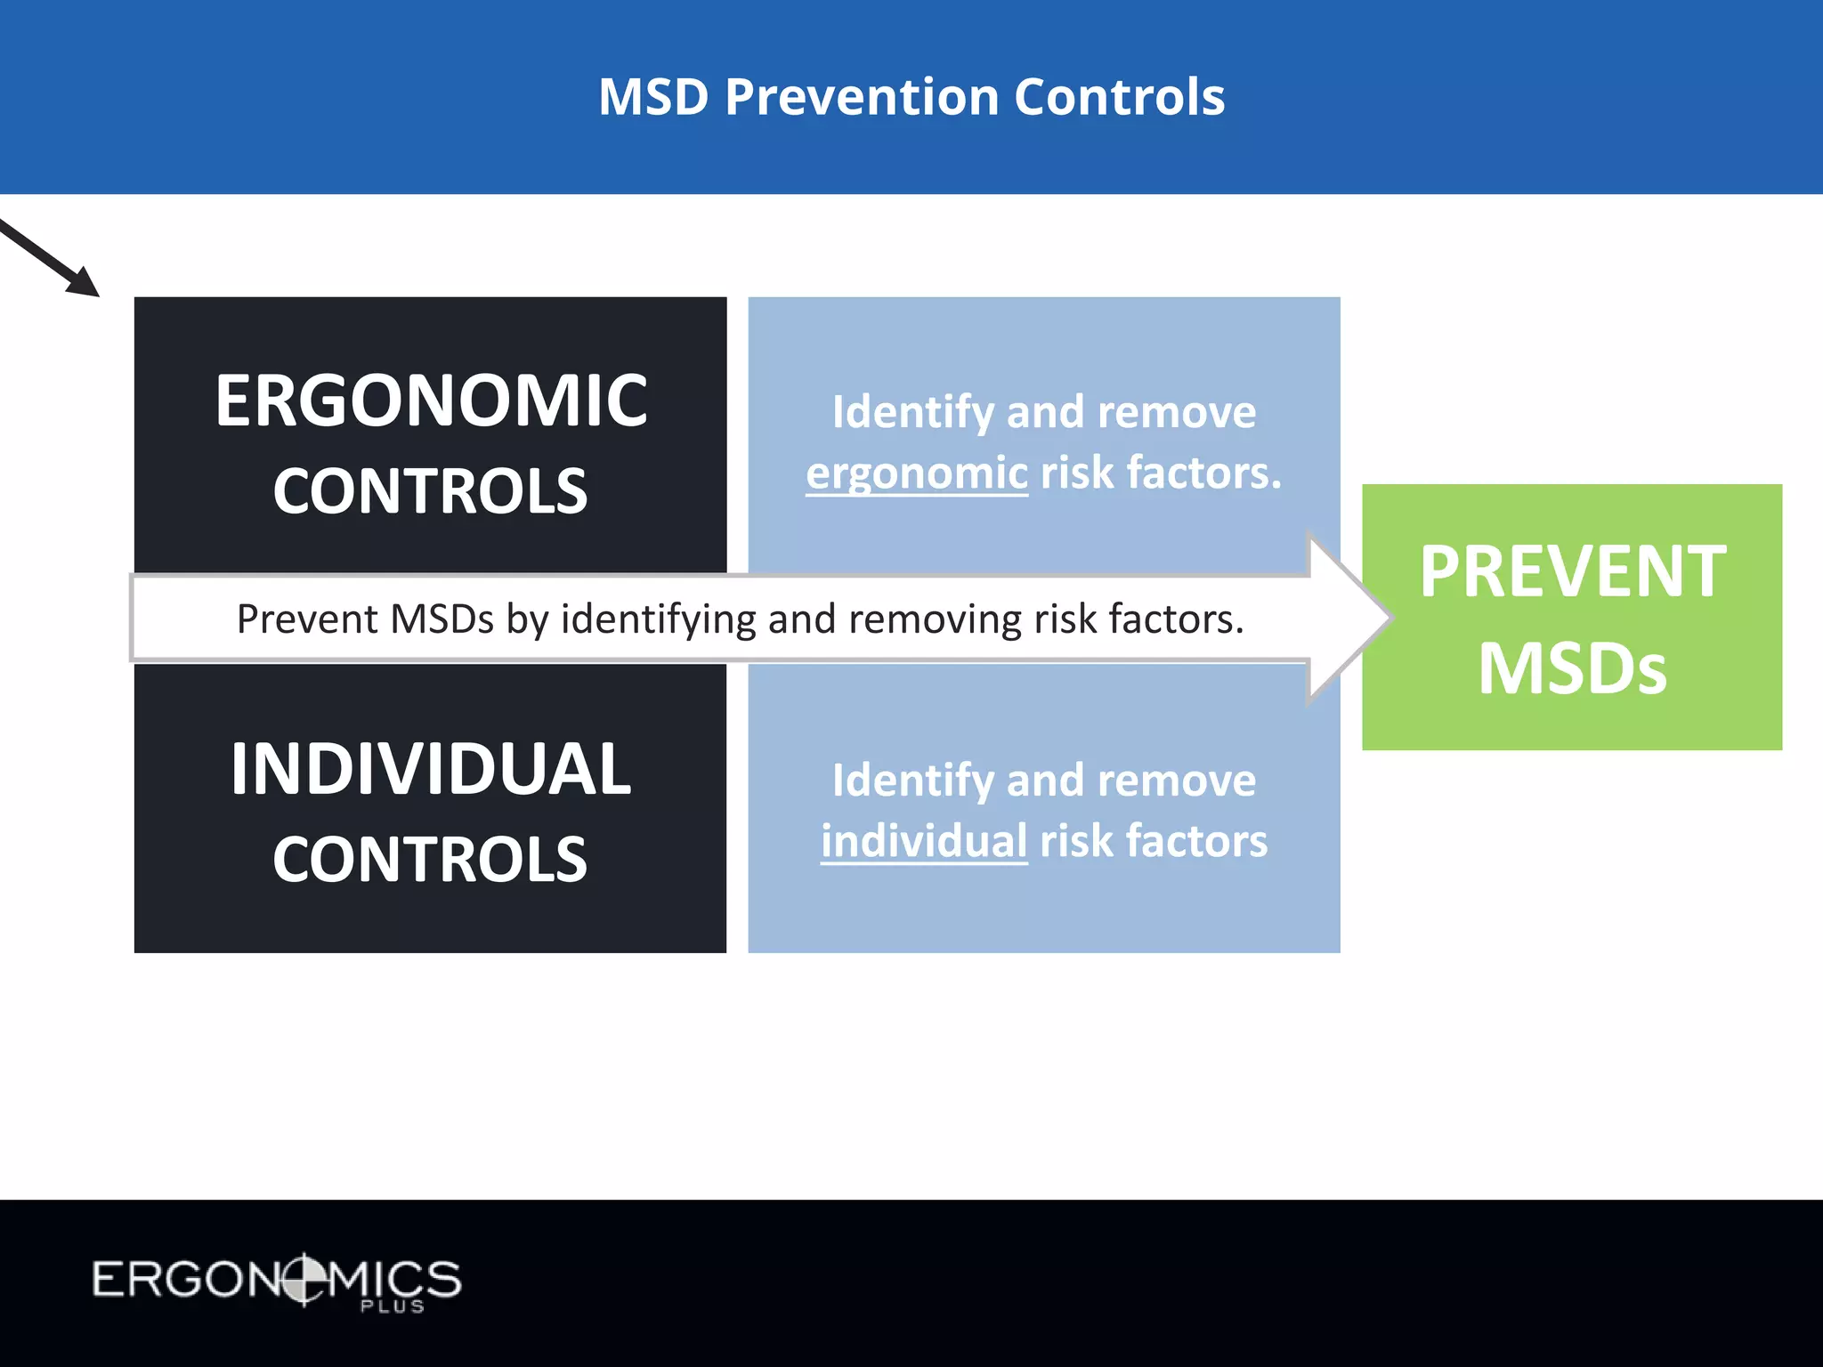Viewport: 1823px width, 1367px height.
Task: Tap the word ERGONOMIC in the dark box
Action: click(431, 401)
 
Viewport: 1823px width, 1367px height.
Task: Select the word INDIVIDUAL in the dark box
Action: click(431, 770)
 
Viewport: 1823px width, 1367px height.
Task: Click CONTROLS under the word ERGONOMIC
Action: click(430, 492)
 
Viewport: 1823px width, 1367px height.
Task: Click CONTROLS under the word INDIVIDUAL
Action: click(430, 861)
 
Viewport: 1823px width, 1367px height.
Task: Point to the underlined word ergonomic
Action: click(917, 473)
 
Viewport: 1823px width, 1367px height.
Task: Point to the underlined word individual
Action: click(924, 841)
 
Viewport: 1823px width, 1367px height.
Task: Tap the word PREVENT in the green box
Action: click(1572, 572)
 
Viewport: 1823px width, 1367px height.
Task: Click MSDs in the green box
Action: click(1572, 668)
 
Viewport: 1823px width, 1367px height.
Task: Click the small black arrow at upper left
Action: click(53, 259)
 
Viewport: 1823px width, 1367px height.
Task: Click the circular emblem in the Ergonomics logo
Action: click(304, 1279)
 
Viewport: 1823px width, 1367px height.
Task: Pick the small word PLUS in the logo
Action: click(393, 1306)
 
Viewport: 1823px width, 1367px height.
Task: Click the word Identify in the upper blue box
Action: click(912, 413)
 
